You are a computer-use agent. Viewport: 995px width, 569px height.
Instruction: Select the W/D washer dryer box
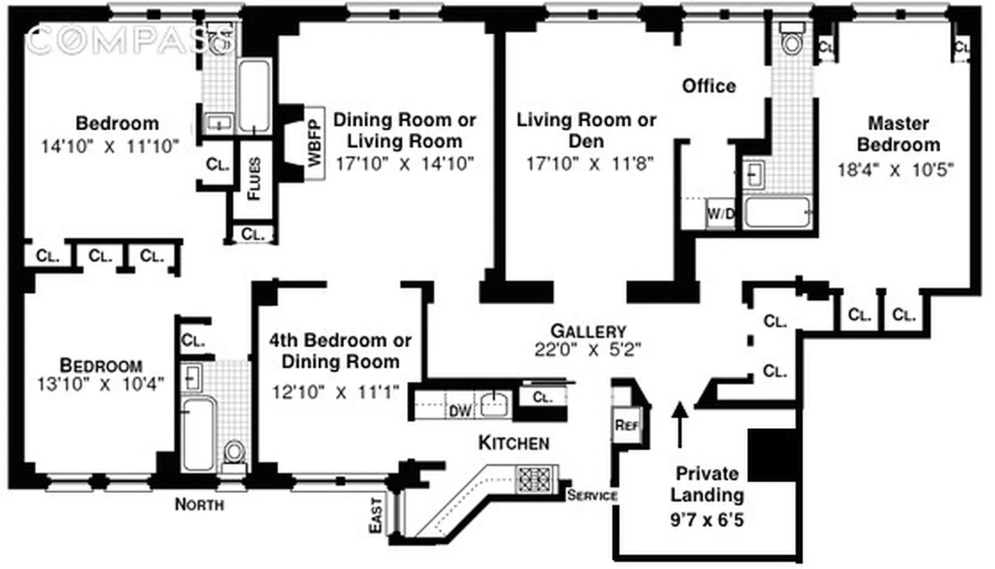click(x=720, y=213)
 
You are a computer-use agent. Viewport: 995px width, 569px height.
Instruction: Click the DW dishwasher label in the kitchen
click(x=456, y=410)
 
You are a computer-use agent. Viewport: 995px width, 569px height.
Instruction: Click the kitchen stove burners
click(x=531, y=476)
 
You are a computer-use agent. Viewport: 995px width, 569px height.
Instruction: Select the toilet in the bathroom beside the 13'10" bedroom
click(x=234, y=453)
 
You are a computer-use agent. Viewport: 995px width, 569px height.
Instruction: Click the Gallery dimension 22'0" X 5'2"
click(x=588, y=349)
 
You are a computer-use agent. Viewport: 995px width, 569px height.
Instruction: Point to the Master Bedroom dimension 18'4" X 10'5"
click(x=895, y=169)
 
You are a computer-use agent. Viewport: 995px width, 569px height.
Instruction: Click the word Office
click(x=709, y=86)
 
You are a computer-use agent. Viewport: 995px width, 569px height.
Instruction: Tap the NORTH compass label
click(x=200, y=505)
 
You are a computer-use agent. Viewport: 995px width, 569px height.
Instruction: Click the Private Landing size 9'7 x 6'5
click(x=707, y=520)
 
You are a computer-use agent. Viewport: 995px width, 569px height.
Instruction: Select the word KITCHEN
click(x=513, y=443)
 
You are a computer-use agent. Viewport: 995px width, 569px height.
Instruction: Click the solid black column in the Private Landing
click(x=772, y=455)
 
